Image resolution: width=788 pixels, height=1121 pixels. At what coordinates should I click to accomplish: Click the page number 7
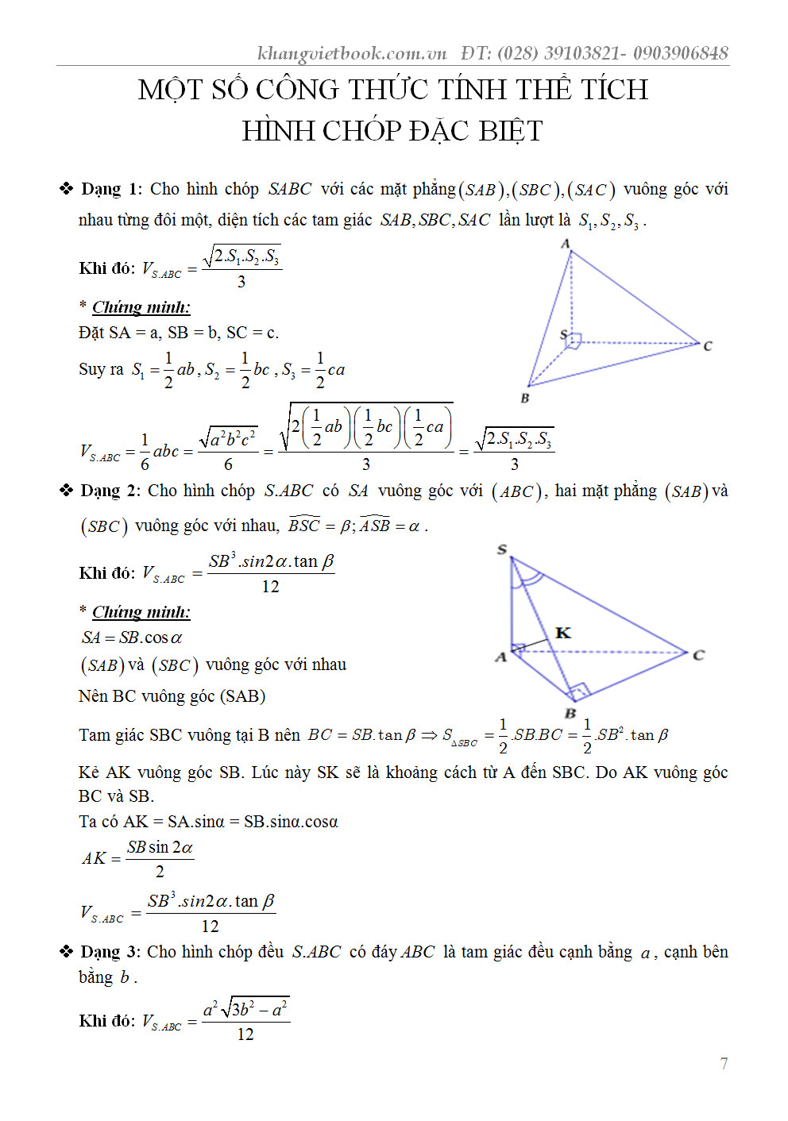[724, 1064]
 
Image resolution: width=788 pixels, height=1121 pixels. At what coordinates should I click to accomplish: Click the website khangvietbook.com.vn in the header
[352, 53]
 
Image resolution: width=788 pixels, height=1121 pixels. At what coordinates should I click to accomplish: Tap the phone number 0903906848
[681, 53]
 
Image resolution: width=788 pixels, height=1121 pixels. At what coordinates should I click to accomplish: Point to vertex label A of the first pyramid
[566, 244]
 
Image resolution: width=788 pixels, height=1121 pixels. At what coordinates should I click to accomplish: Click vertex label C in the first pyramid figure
[708, 346]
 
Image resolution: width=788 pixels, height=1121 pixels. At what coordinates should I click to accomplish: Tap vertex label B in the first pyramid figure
[524, 398]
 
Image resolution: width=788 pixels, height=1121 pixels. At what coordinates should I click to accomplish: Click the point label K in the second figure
[563, 633]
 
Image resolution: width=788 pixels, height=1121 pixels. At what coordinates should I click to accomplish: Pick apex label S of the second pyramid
[502, 549]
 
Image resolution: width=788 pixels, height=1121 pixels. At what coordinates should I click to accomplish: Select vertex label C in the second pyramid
[699, 655]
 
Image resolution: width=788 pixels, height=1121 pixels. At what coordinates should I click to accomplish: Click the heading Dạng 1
[111, 189]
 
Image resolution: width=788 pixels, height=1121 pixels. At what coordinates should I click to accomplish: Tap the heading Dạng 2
[110, 491]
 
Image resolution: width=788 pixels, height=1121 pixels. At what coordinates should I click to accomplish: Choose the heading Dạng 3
[110, 951]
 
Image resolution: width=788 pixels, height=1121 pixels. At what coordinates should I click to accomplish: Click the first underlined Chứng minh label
[141, 307]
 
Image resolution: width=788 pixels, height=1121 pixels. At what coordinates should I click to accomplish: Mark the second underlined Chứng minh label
[141, 612]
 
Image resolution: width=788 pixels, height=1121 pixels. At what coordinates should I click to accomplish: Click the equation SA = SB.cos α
[132, 638]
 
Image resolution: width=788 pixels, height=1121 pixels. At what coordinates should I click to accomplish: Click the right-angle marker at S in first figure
[574, 341]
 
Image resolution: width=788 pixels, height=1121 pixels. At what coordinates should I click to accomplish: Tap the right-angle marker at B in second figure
[579, 690]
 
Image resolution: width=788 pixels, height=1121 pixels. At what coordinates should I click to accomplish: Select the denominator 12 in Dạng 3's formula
[245, 1034]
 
